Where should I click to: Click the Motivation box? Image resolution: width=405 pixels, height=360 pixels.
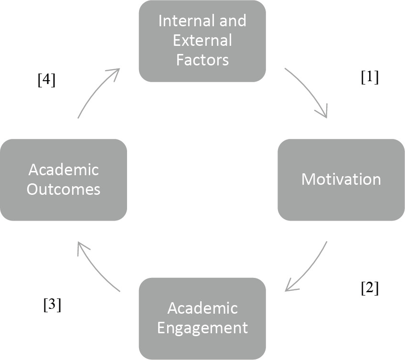[x=341, y=180]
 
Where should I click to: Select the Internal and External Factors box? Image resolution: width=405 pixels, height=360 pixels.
[x=202, y=41]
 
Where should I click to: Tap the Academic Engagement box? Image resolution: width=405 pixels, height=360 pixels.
[x=202, y=318]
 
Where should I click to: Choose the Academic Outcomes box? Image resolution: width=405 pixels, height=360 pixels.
[x=64, y=180]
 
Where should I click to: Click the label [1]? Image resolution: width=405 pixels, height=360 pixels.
[x=369, y=77]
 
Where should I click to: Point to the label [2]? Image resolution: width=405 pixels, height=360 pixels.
[x=369, y=288]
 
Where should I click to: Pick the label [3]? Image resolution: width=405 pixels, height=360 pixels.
[x=52, y=305]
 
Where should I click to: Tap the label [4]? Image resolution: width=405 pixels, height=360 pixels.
[x=46, y=80]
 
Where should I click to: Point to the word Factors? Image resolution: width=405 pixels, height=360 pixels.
[x=202, y=61]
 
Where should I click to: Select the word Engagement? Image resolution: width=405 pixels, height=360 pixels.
[x=202, y=328]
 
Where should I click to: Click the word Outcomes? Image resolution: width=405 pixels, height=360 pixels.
[x=64, y=190]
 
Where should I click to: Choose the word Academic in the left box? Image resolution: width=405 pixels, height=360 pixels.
[x=64, y=169]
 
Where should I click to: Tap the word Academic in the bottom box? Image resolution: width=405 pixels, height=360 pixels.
[x=202, y=308]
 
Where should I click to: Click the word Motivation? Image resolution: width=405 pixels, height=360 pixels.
[x=341, y=180]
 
